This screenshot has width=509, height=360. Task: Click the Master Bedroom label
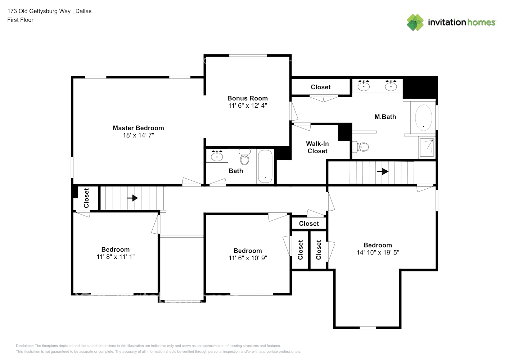tap(138, 128)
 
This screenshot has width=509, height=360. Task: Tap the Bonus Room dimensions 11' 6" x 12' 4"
tap(248, 105)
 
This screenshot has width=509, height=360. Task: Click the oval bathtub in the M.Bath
tap(424, 117)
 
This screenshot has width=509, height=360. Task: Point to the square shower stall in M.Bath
tap(427, 147)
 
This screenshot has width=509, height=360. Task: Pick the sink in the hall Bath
tap(217, 156)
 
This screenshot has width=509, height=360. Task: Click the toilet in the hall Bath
tap(244, 157)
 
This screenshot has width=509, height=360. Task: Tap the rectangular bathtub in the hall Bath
tap(265, 166)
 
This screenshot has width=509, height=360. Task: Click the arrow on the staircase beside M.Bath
tap(383, 171)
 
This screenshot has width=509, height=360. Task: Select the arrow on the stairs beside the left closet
tap(133, 198)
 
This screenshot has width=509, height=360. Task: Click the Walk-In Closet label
tap(317, 147)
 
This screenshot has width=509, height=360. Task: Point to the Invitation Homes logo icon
tap(415, 22)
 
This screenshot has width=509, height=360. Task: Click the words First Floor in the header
tap(20, 20)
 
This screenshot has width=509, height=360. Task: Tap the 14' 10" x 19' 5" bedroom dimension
tap(378, 252)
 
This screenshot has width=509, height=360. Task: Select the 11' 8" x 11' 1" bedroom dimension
tap(116, 257)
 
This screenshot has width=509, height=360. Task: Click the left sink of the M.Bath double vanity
tap(364, 85)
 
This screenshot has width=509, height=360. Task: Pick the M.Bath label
tap(385, 117)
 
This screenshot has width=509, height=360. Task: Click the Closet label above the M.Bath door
tap(321, 87)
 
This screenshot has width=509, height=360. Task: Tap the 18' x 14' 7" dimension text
tap(138, 135)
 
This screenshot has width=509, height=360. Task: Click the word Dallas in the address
tap(84, 11)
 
